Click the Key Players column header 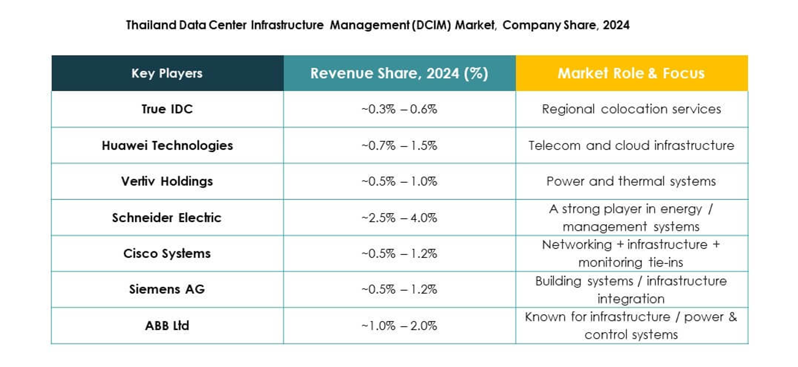pos(167,73)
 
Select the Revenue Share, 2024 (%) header pos(399,73)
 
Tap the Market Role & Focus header pos(631,73)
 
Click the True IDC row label pos(167,109)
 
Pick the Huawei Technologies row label pos(167,146)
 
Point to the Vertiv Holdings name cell pos(167,181)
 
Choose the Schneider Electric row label pos(167,218)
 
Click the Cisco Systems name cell pos(167,254)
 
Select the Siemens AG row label pos(167,289)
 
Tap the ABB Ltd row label pos(167,326)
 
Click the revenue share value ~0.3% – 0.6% pos(399,109)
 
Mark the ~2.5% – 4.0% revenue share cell pos(399,218)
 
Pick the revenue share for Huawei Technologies pos(399,146)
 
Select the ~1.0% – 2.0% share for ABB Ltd pos(399,326)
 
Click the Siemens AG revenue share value pos(399,289)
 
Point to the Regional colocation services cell pos(631,109)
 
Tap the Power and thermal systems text pos(631,181)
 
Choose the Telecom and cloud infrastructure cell pos(631,146)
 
